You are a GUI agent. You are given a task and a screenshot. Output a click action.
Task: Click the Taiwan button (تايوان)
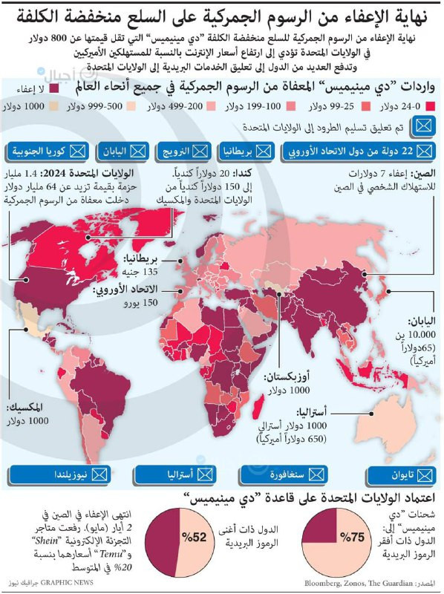[x=393, y=473]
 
